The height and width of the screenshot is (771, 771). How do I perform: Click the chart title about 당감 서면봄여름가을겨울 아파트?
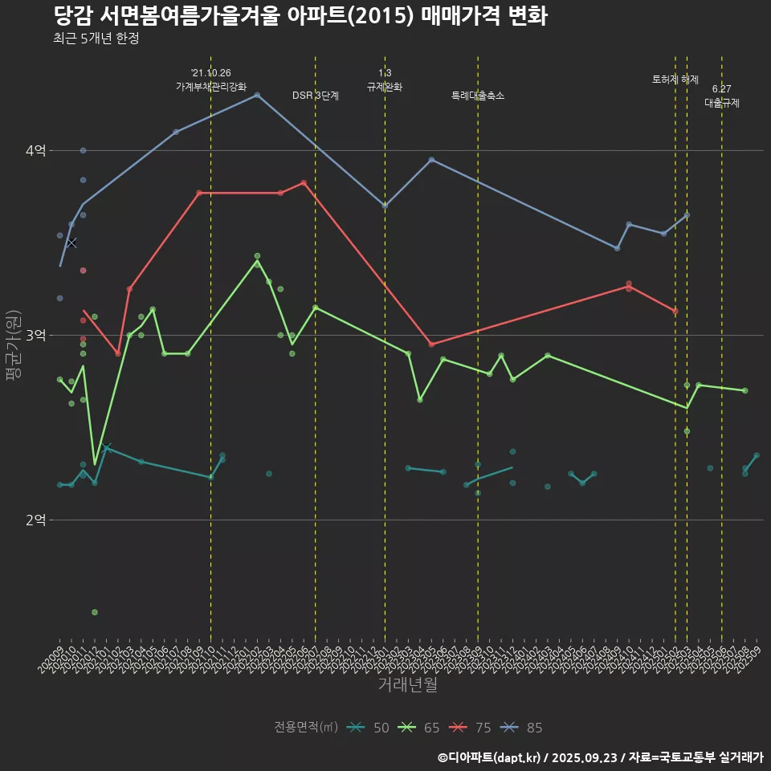(x=300, y=16)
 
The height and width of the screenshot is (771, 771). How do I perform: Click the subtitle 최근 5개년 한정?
(x=96, y=38)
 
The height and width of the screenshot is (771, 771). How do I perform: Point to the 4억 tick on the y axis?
(x=36, y=150)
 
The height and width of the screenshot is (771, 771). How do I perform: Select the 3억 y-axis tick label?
(x=36, y=335)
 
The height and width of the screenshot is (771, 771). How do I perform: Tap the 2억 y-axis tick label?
(x=36, y=520)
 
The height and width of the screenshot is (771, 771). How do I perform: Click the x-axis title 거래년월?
(x=408, y=685)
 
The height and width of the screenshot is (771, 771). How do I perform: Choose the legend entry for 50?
(x=369, y=728)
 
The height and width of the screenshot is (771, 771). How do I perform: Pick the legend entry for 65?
(x=419, y=728)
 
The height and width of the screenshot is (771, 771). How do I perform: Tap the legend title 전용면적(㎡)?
(x=306, y=728)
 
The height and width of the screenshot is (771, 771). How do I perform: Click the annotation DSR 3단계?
(x=316, y=96)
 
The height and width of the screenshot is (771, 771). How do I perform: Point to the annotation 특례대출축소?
(x=478, y=96)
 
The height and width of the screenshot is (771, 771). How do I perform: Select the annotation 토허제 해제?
(x=675, y=80)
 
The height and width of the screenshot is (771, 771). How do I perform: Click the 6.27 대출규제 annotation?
(x=722, y=96)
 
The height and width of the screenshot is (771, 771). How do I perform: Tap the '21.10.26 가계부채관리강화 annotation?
(x=211, y=80)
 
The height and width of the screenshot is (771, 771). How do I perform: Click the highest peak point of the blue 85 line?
(x=257, y=95)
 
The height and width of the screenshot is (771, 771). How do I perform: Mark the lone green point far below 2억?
(x=95, y=612)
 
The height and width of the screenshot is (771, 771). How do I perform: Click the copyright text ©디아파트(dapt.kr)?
(x=491, y=757)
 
